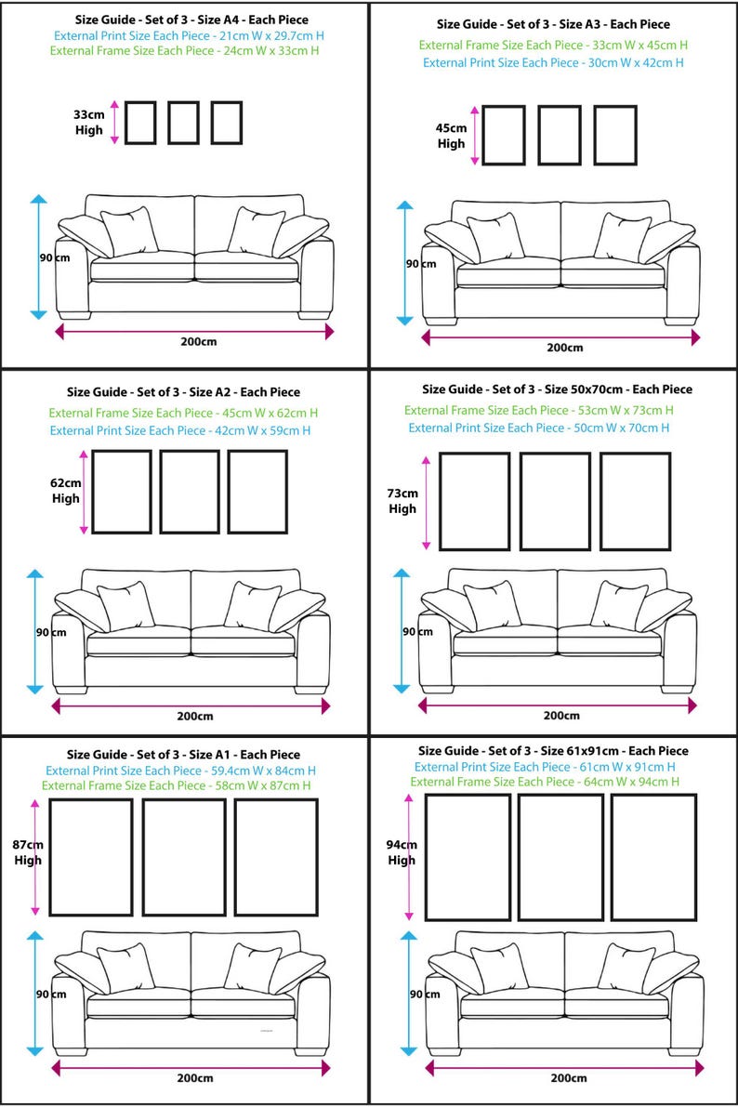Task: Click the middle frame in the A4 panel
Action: pyautogui.click(x=183, y=123)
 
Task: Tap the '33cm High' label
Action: pyautogui.click(x=89, y=123)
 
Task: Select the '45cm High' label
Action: pyautogui.click(x=451, y=136)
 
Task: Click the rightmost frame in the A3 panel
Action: pyautogui.click(x=615, y=136)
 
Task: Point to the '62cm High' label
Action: pyautogui.click(x=66, y=491)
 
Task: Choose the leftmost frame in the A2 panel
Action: pyautogui.click(x=122, y=492)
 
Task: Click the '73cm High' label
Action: pyautogui.click(x=402, y=501)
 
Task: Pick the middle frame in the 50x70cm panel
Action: pyautogui.click(x=555, y=501)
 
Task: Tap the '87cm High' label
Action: pyautogui.click(x=28, y=853)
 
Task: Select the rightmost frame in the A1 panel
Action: pyautogui.click(x=276, y=857)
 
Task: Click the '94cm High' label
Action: pyautogui.click(x=402, y=852)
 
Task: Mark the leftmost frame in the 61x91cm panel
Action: pyautogui.click(x=468, y=857)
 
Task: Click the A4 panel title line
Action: pyautogui.click(x=192, y=20)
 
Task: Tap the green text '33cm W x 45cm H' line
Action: pyautogui.click(x=553, y=45)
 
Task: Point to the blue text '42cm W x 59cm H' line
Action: pyautogui.click(x=180, y=430)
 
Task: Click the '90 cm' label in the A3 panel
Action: pyautogui.click(x=420, y=264)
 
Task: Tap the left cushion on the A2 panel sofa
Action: pyautogui.click(x=125, y=605)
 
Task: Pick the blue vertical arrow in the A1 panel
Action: pyautogui.click(x=35, y=993)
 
